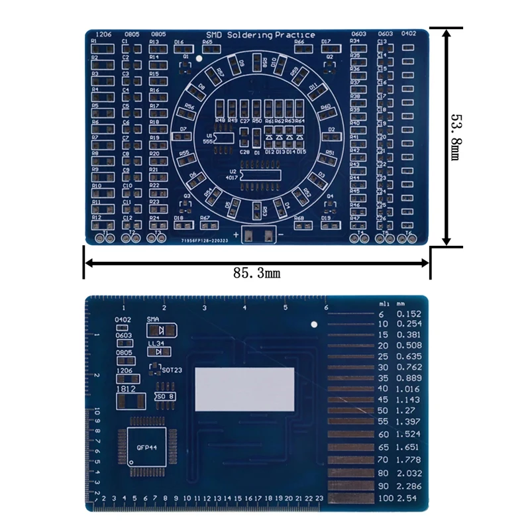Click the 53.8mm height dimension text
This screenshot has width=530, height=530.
tap(458, 136)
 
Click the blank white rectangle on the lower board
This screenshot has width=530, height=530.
tap(244, 389)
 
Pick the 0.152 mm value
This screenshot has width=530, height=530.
tap(409, 313)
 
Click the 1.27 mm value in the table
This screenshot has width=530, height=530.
tap(409, 411)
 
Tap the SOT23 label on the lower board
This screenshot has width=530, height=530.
tap(168, 370)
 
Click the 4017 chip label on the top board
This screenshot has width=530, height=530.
tap(232, 178)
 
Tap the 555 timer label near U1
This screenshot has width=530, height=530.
tap(209, 140)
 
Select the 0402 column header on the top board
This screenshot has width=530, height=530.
tap(409, 34)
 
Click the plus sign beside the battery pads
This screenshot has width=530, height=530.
tap(237, 234)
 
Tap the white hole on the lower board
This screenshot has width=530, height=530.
tap(314, 324)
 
